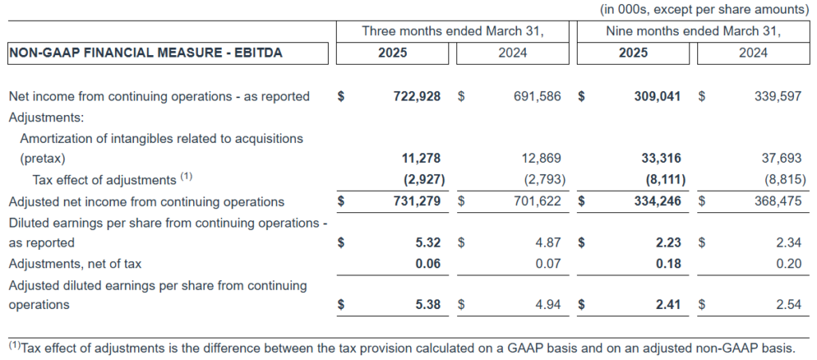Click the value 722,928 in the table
point(417,97)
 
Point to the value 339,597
point(777,97)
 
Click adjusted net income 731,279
point(417,202)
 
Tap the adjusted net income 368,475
point(777,202)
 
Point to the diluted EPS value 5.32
point(428,243)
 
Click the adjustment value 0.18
point(668,263)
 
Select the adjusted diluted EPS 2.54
point(788,305)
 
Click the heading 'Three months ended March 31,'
point(452,31)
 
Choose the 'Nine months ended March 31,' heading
point(693,31)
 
